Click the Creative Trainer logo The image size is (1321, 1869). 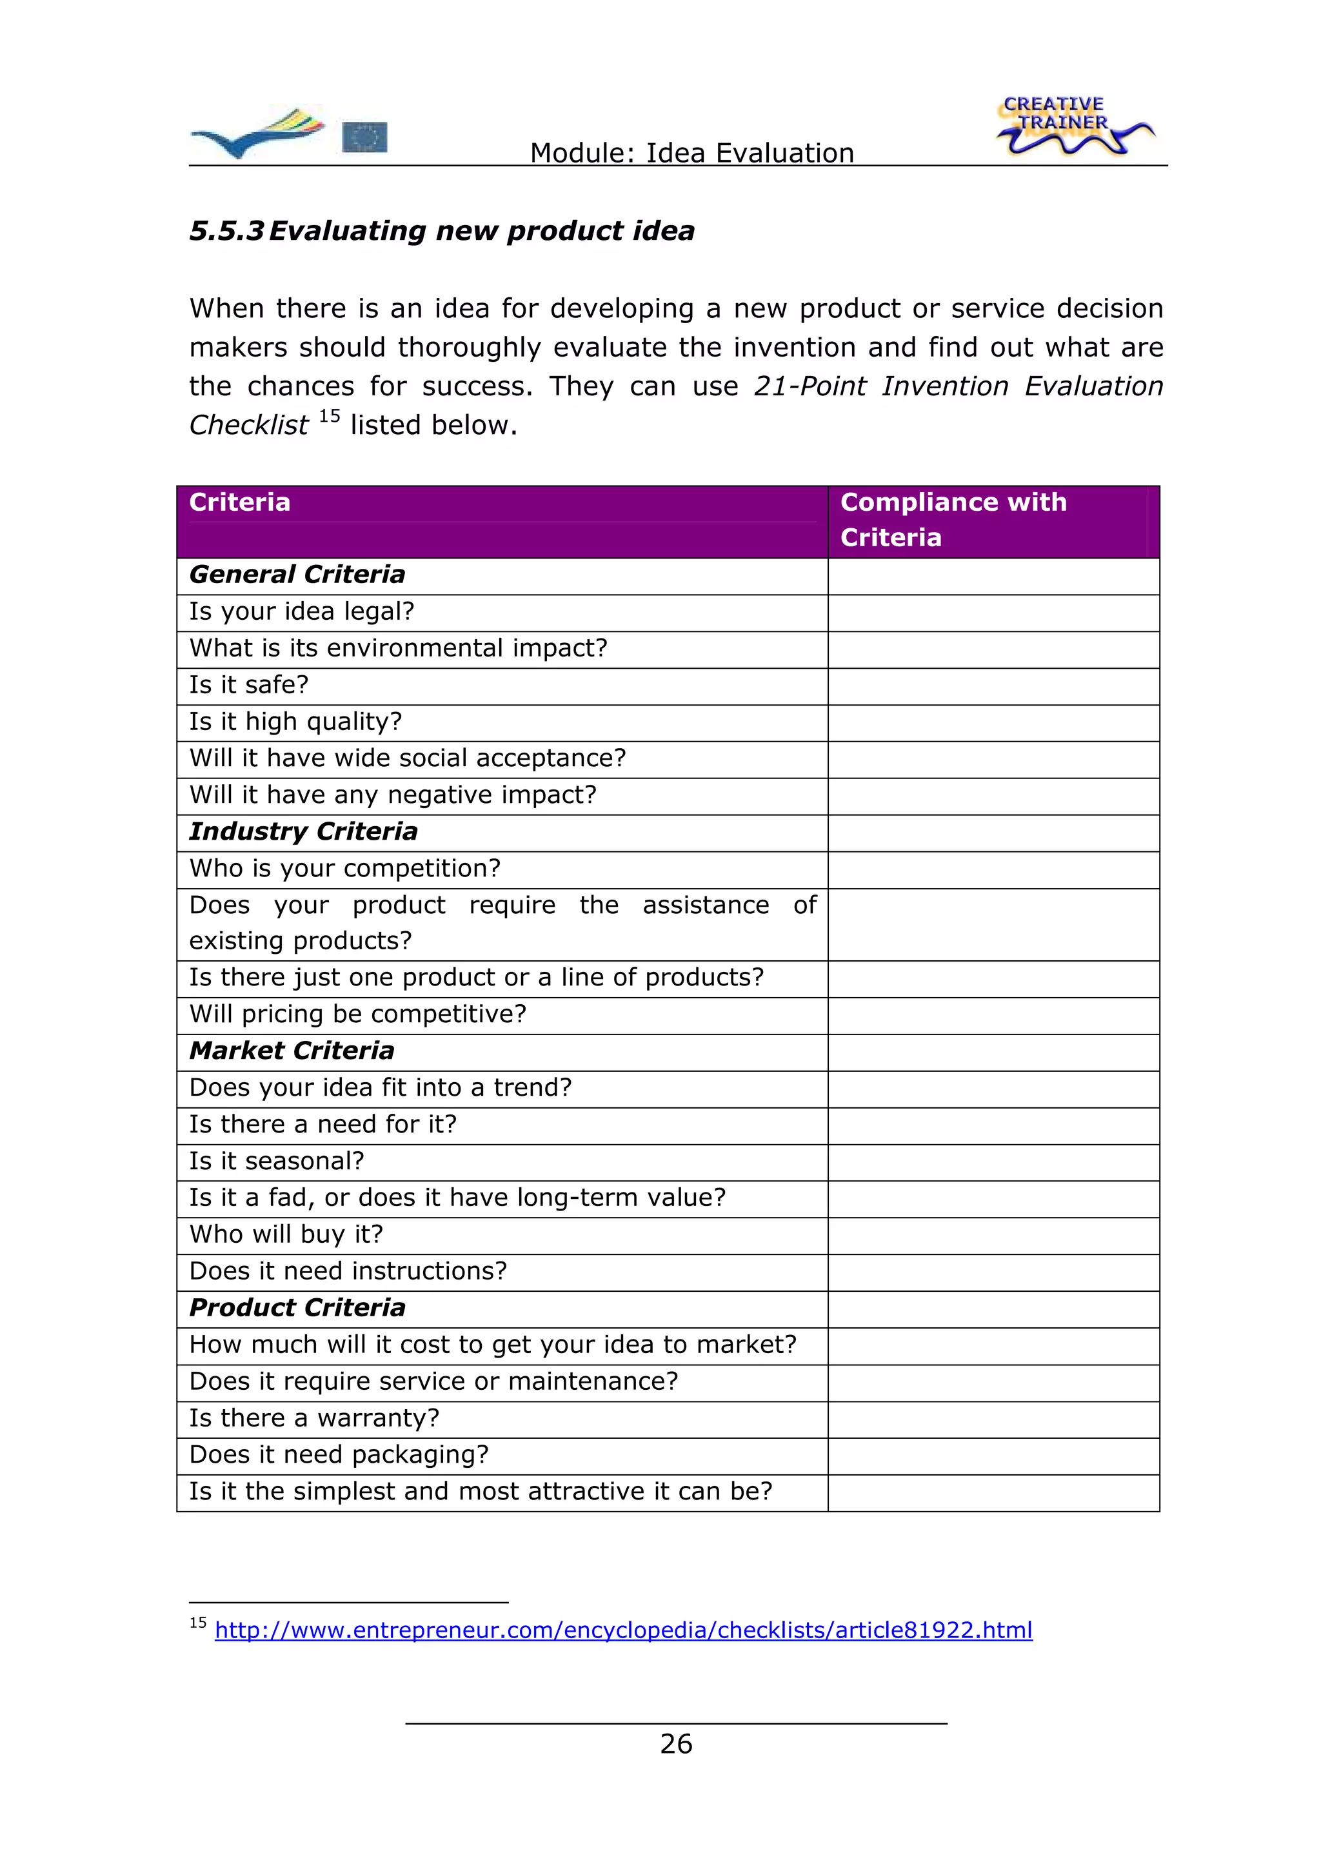pyautogui.click(x=1073, y=126)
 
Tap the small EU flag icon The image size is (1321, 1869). pyautogui.click(x=364, y=137)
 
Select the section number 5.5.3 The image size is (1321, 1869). pyautogui.click(x=226, y=231)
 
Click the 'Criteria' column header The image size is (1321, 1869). pyautogui.click(x=239, y=502)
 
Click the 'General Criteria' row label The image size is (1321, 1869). pyautogui.click(x=297, y=575)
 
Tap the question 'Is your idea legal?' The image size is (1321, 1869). pyautogui.click(x=302, y=611)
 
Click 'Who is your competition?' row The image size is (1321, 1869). pyautogui.click(x=345, y=869)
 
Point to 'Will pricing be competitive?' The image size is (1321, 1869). pyautogui.click(x=358, y=1014)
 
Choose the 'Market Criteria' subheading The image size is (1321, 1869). pyautogui.click(x=292, y=1051)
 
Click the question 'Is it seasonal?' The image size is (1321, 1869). pyautogui.click(x=277, y=1161)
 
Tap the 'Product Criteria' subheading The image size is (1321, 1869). pyautogui.click(x=297, y=1307)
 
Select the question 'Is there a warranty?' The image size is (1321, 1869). pyautogui.click(x=314, y=1418)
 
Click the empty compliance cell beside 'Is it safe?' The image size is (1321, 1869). pyautogui.click(x=993, y=686)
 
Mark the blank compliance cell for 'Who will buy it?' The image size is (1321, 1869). pyautogui.click(x=993, y=1236)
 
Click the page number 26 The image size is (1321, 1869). pyautogui.click(x=675, y=1744)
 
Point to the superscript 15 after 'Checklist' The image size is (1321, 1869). pyautogui.click(x=329, y=417)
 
